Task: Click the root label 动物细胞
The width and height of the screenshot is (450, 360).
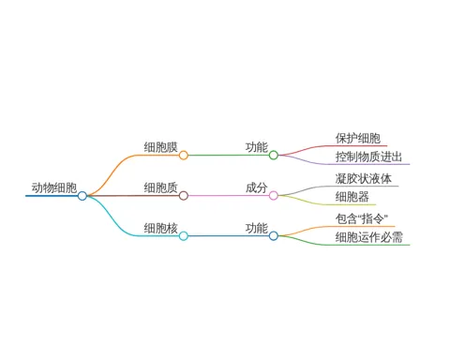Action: pyautogui.click(x=54, y=187)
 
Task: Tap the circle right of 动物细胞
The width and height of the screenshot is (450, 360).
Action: pyautogui.click(x=82, y=196)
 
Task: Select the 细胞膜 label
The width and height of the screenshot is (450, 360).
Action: pyautogui.click(x=160, y=147)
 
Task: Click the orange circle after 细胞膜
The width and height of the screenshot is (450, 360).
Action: pyautogui.click(x=184, y=156)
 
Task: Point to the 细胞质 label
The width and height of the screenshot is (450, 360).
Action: pyautogui.click(x=160, y=187)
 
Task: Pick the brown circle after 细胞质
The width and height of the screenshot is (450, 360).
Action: pyautogui.click(x=184, y=196)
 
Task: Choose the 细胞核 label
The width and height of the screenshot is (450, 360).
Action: pyautogui.click(x=160, y=228)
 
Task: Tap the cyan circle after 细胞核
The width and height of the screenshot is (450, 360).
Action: pyautogui.click(x=184, y=236)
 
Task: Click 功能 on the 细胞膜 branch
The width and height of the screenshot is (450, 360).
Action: pyautogui.click(x=257, y=147)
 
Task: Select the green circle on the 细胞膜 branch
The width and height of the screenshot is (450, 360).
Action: pyautogui.click(x=274, y=156)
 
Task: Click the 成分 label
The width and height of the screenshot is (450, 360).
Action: pyautogui.click(x=257, y=187)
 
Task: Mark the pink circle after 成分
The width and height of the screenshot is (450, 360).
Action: pyautogui.click(x=274, y=196)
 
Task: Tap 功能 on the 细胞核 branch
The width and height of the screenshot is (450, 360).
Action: pyautogui.click(x=257, y=228)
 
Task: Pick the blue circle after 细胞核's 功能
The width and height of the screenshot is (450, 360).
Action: pyautogui.click(x=274, y=236)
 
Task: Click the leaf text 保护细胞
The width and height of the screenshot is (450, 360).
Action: pyautogui.click(x=358, y=138)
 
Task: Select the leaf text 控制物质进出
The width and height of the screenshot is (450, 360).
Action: pyautogui.click(x=368, y=157)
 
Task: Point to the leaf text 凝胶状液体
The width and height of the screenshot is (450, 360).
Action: pyautogui.click(x=364, y=179)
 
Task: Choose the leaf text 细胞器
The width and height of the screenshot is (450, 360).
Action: pyautogui.click(x=352, y=197)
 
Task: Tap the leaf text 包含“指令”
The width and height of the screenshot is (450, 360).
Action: pyautogui.click(x=362, y=218)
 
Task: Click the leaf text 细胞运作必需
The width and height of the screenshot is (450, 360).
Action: pyautogui.click(x=369, y=237)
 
